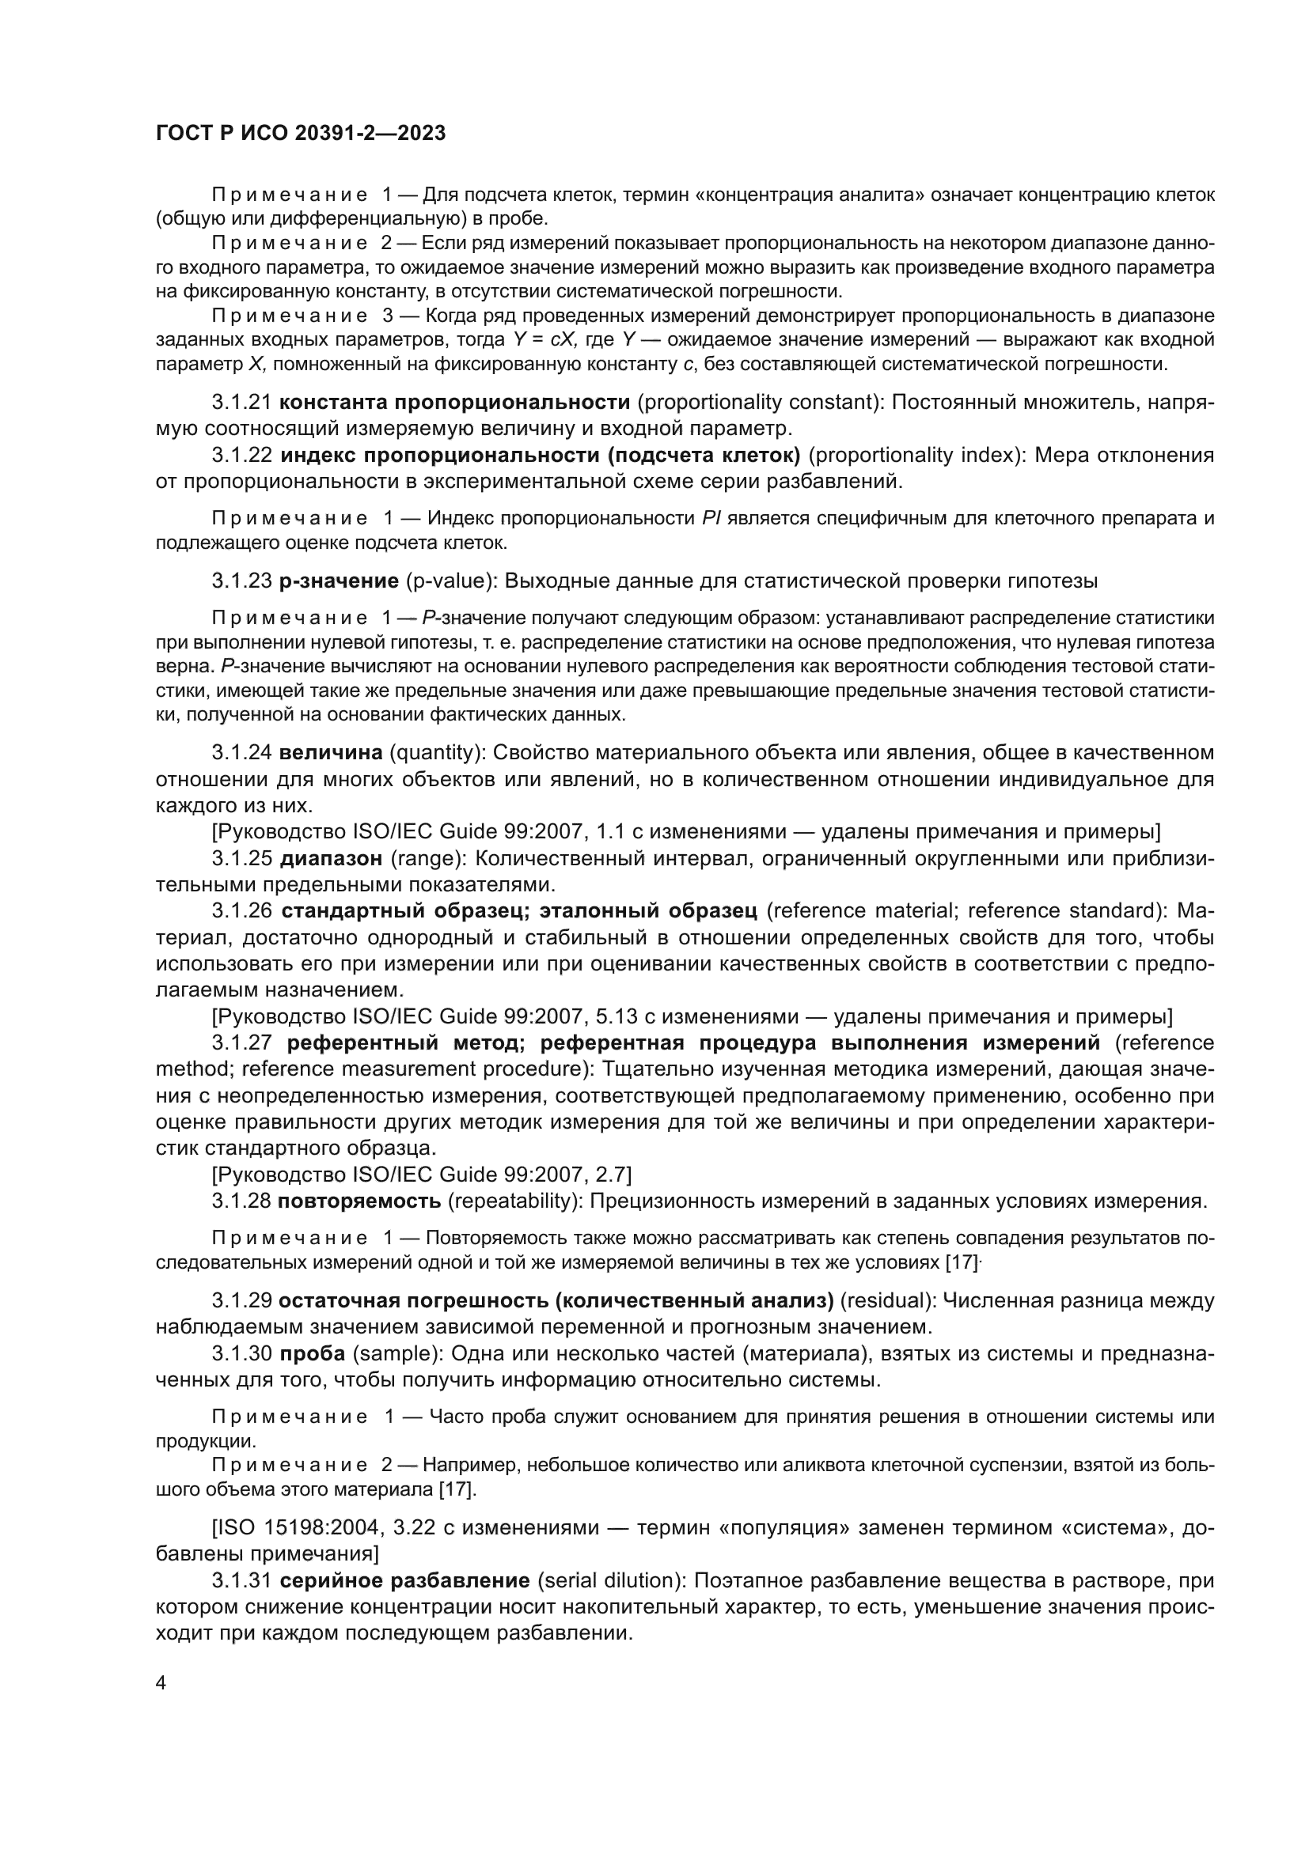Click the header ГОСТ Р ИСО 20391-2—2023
(301, 134)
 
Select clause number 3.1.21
(241, 401)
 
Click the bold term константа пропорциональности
(454, 401)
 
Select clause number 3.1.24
(241, 752)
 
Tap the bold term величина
(331, 752)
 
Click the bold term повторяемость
(359, 1201)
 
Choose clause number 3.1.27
(241, 1042)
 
